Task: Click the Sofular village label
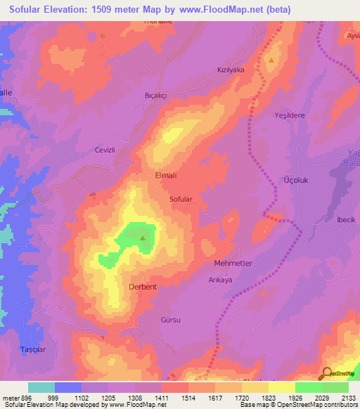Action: click(x=181, y=200)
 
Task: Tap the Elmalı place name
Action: click(x=165, y=177)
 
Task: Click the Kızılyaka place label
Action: click(x=230, y=70)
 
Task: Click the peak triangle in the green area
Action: click(x=143, y=238)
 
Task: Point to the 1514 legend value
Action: click(x=188, y=397)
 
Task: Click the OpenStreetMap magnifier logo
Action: click(x=327, y=374)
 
